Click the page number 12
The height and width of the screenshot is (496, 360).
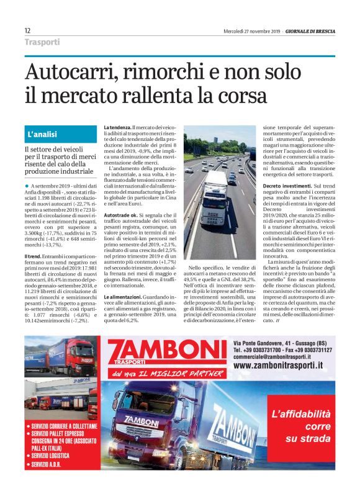pos(27,30)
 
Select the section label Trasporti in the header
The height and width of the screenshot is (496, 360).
pos(42,42)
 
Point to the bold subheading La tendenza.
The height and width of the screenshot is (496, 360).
pos(116,127)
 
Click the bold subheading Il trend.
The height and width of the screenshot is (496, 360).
pos(33,256)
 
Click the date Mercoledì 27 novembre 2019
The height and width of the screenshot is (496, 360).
pos(253,31)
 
